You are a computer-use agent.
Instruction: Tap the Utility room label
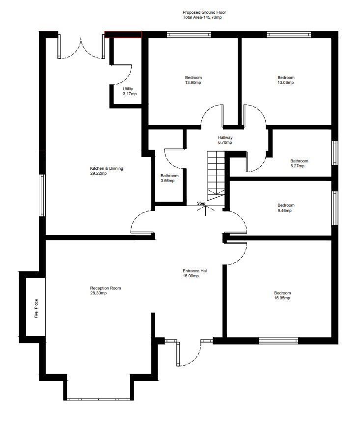tap(128, 89)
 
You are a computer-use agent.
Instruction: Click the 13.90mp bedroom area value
tap(193, 83)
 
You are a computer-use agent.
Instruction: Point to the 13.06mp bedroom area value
tap(285, 83)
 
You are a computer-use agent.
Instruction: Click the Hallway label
tap(225, 137)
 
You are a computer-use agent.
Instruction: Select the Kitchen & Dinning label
tap(106, 168)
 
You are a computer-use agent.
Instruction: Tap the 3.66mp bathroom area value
tap(167, 181)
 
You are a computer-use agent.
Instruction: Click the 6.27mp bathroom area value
tap(297, 166)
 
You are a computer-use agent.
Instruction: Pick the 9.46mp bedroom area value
tap(285, 211)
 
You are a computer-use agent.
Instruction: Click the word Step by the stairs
tap(201, 203)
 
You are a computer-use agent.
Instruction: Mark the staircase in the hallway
tap(215, 174)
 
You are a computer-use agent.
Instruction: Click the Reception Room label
tap(105, 288)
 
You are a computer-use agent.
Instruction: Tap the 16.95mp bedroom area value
tap(282, 298)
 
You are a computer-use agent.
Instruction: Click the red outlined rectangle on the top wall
tap(123, 34)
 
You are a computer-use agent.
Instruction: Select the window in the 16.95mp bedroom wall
tap(278, 340)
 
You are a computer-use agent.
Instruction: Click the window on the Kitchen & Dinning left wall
tap(42, 195)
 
